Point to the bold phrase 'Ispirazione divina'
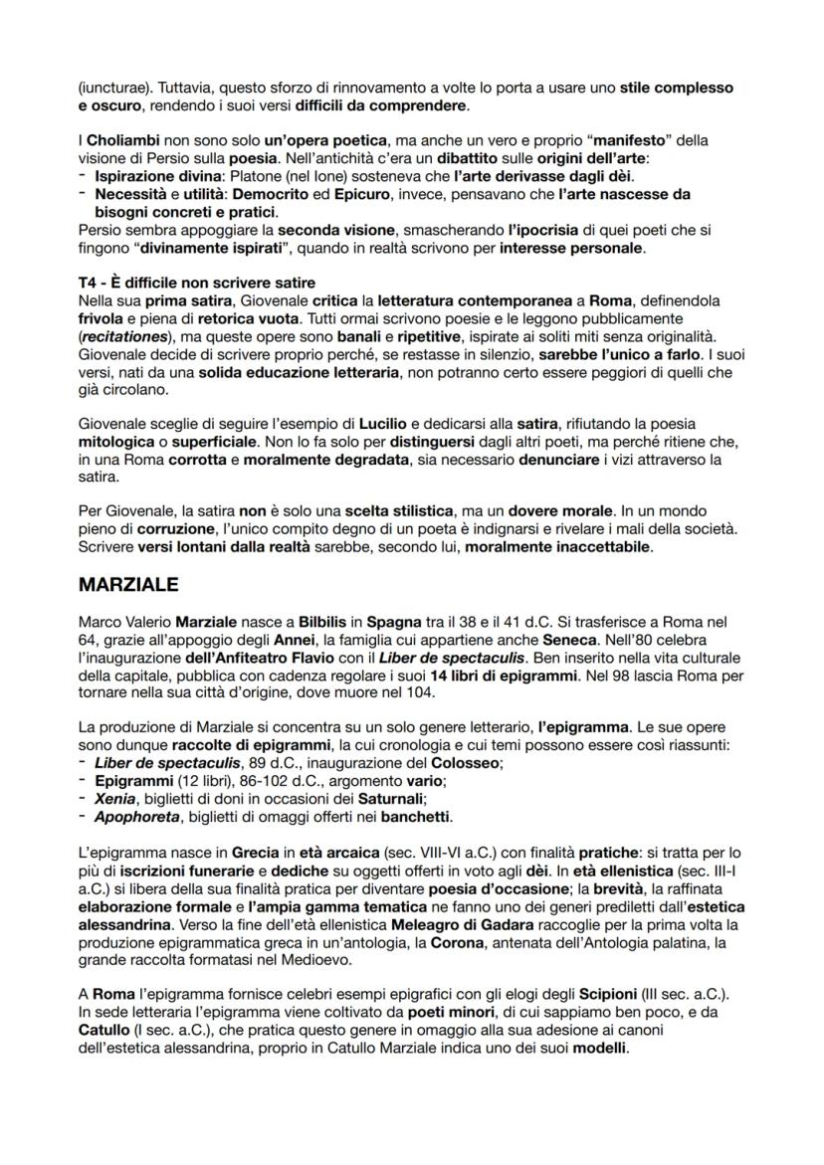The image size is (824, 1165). pos(154,177)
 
